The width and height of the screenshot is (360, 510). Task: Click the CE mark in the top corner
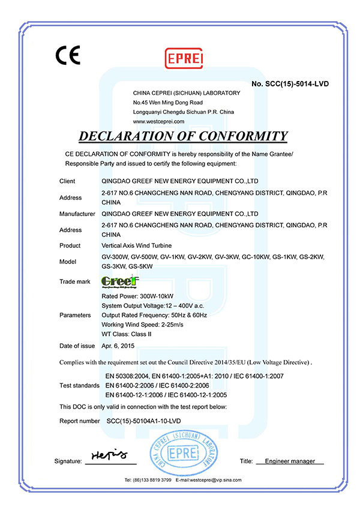(67, 55)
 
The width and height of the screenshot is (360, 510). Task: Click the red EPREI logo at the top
(181, 58)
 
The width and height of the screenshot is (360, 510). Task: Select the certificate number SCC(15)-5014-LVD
(290, 83)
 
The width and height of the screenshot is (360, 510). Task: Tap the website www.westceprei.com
(158, 121)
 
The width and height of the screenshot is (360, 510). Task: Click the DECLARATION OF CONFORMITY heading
(183, 136)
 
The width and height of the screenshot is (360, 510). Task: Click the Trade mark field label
(75, 281)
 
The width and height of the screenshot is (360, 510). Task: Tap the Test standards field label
(80, 385)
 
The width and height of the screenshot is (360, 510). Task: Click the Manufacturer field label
(77, 214)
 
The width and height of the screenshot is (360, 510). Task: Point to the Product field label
(70, 245)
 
